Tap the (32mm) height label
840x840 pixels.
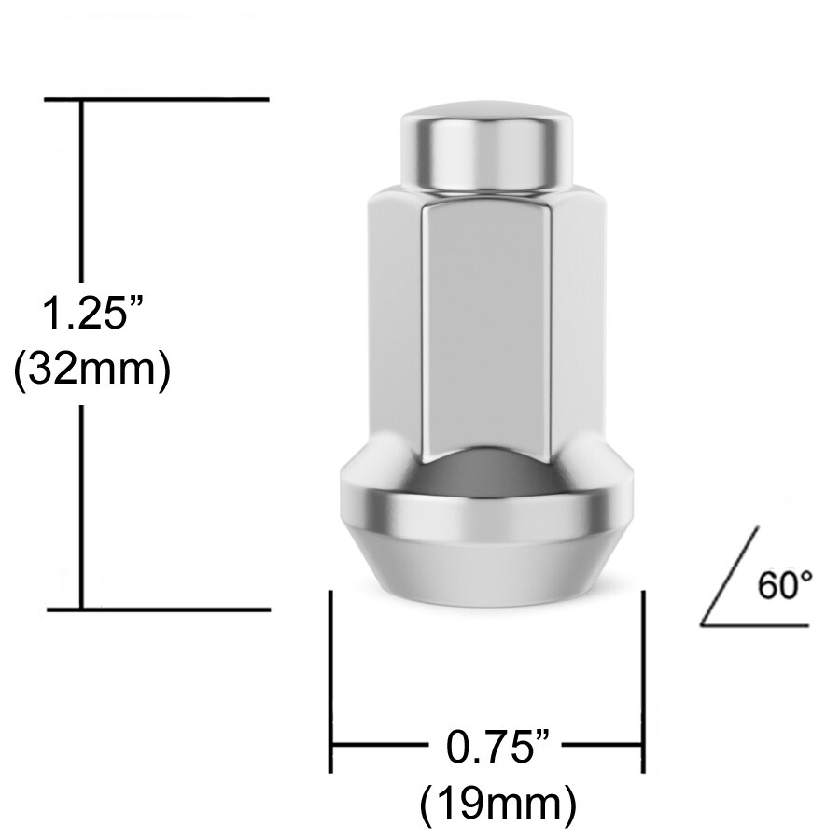coord(91,370)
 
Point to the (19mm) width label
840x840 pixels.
coord(497,802)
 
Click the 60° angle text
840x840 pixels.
coord(785,586)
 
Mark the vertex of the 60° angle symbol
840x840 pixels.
coord(703,623)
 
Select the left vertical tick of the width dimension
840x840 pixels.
coord(330,681)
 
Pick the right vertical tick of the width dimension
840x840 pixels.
coord(643,681)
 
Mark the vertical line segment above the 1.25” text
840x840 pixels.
coord(83,187)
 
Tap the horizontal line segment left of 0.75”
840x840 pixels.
coord(378,747)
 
